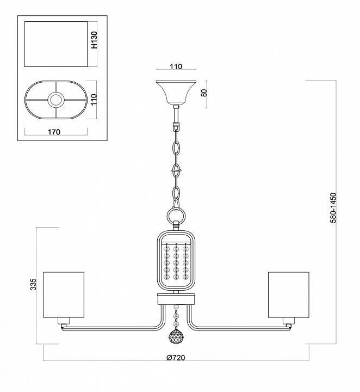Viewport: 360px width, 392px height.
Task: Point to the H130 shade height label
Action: click(95, 41)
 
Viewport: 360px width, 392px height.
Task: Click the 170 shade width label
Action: click(53, 131)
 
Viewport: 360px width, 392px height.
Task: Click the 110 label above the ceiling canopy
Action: click(175, 67)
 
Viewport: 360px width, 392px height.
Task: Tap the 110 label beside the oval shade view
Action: click(94, 99)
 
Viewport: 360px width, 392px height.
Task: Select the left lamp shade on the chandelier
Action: click(64, 294)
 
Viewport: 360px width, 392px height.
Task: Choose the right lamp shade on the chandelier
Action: click(288, 294)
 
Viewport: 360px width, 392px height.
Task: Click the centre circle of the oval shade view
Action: click(56, 100)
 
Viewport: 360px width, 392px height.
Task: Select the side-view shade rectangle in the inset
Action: click(57, 45)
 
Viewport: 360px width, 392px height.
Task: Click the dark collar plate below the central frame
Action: click(176, 298)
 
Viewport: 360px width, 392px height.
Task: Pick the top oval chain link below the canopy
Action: click(176, 148)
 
